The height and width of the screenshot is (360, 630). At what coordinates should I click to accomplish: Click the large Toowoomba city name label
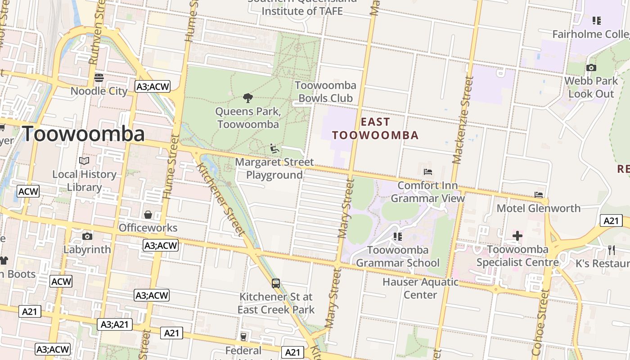pyautogui.click(x=83, y=134)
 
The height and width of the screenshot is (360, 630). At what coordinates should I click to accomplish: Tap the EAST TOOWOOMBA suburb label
pyautogui.click(x=375, y=128)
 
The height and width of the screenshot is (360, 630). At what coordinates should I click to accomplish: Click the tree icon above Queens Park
pyautogui.click(x=247, y=98)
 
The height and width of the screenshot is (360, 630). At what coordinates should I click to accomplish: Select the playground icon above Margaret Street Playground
pyautogui.click(x=274, y=148)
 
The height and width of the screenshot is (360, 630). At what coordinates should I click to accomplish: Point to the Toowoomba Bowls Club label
pyautogui.click(x=325, y=91)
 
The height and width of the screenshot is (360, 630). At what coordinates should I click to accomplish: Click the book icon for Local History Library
pyautogui.click(x=84, y=161)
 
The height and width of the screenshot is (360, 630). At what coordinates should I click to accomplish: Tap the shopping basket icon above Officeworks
pyautogui.click(x=148, y=215)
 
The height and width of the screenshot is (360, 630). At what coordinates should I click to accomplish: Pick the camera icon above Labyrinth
pyautogui.click(x=87, y=236)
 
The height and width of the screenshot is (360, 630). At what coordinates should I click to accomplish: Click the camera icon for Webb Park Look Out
pyautogui.click(x=591, y=68)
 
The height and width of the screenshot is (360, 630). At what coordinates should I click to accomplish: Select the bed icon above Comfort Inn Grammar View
pyautogui.click(x=428, y=172)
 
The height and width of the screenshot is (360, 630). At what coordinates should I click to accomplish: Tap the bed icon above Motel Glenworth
pyautogui.click(x=539, y=195)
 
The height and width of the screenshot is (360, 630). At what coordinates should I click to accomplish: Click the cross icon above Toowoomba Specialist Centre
pyautogui.click(x=517, y=235)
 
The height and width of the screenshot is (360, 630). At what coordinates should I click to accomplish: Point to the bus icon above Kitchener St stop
pyautogui.click(x=276, y=283)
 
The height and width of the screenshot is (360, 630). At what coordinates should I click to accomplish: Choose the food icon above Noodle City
pyautogui.click(x=99, y=78)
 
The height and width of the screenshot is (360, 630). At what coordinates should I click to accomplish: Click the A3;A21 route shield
pyautogui.click(x=115, y=324)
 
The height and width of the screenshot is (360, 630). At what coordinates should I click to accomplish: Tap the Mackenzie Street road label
pyautogui.click(x=464, y=120)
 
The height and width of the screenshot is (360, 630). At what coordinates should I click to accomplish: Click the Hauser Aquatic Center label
pyautogui.click(x=420, y=288)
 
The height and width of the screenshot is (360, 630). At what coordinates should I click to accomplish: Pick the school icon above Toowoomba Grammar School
pyautogui.click(x=397, y=236)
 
